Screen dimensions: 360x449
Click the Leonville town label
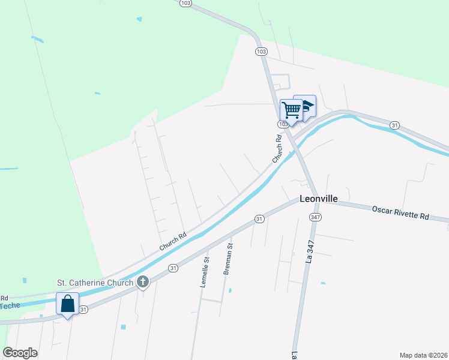[319, 199]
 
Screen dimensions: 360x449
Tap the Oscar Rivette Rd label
[401, 212]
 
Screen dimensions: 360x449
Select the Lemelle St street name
[205, 272]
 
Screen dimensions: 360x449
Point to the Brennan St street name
[228, 259]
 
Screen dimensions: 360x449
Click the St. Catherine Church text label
[95, 282]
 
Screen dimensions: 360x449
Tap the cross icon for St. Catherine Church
[143, 281]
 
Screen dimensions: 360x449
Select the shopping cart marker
[291, 110]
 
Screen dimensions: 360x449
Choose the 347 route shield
[315, 216]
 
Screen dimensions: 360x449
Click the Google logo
[20, 352]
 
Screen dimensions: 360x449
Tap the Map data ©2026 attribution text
[423, 355]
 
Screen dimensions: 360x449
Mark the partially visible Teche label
[10, 305]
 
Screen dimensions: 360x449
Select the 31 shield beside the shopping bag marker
[83, 310]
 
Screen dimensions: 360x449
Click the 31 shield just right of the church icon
[173, 268]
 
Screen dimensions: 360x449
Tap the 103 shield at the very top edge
[185, 3]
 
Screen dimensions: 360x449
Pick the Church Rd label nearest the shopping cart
[278, 149]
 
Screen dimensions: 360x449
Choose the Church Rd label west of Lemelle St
[173, 241]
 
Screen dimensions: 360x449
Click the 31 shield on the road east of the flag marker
[394, 125]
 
